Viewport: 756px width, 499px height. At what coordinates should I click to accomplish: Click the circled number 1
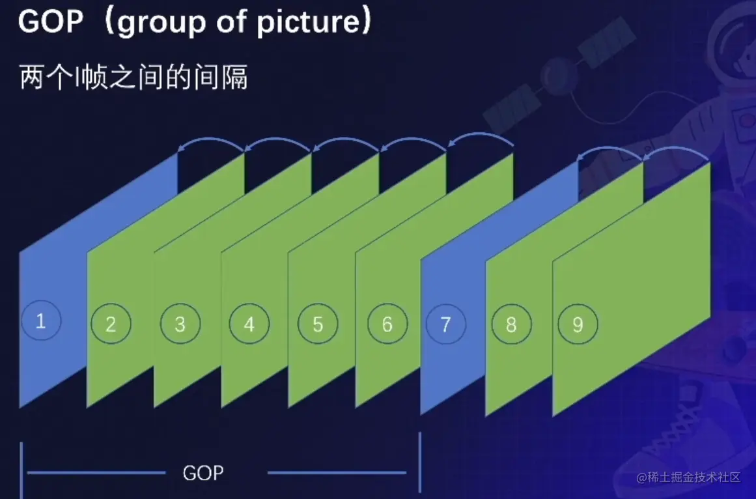tap(41, 321)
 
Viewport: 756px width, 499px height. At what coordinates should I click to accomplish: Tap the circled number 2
tap(111, 324)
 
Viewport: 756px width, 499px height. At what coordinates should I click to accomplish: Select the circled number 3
tap(180, 324)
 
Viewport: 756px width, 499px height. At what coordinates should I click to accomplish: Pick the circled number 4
tap(249, 324)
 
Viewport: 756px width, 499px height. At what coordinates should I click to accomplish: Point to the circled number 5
tap(318, 324)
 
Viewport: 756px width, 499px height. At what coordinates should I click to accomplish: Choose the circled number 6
tap(387, 324)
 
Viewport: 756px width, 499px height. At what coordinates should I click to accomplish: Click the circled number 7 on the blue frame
tap(446, 324)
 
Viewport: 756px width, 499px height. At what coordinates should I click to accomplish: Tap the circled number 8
tap(512, 324)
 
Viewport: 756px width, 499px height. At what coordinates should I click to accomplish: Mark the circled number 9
tap(578, 324)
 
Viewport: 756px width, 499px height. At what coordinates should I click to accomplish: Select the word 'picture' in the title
tap(308, 23)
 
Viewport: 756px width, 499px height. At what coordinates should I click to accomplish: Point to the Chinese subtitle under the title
tap(133, 77)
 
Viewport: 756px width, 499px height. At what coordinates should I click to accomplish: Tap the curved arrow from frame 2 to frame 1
tap(211, 140)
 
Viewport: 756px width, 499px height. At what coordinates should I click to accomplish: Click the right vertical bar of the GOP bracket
tap(420, 462)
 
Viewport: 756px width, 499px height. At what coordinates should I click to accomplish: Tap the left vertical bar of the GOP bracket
tap(21, 470)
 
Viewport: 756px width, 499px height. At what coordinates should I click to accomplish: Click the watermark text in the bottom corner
tap(688, 478)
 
